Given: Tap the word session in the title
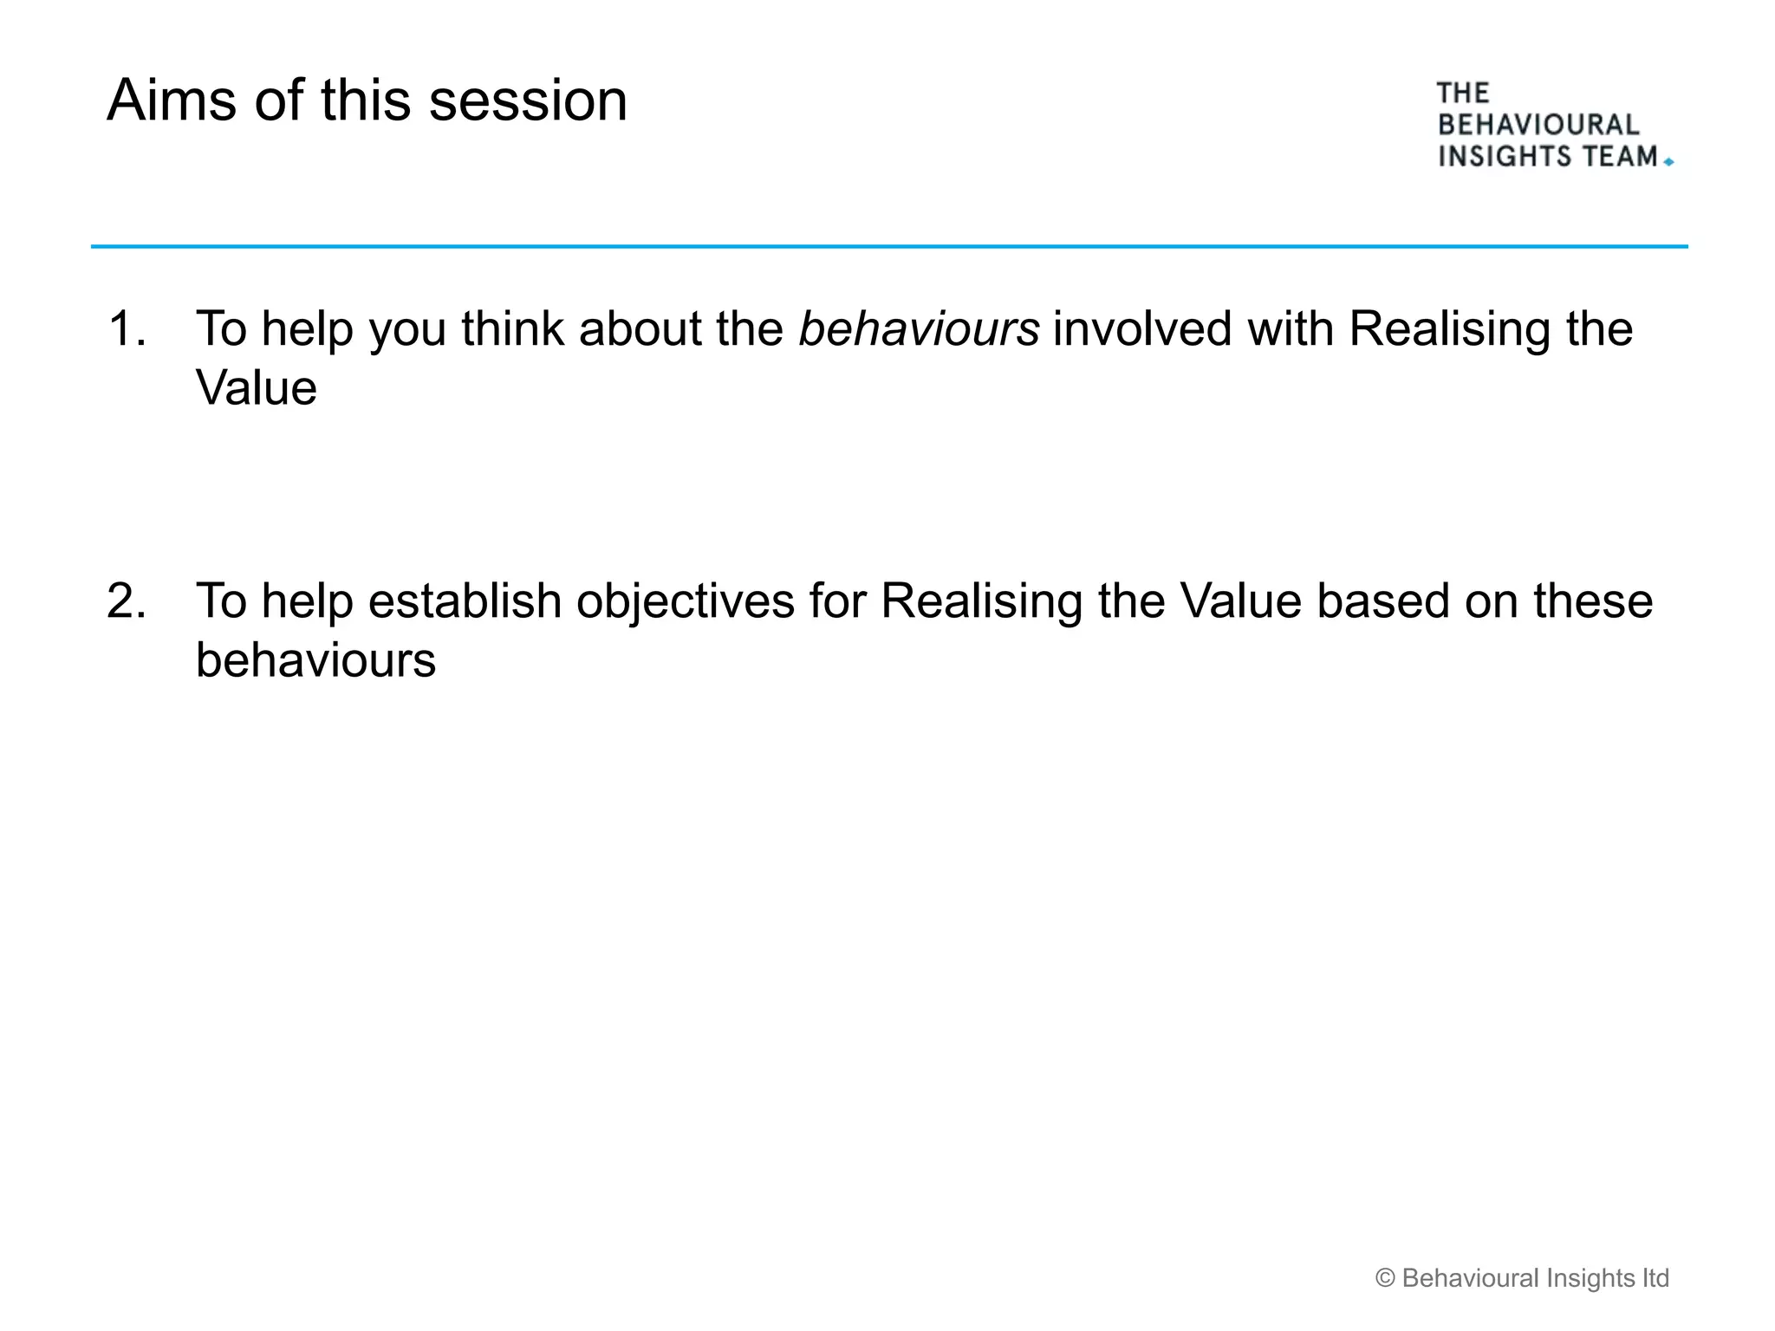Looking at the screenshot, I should click(528, 101).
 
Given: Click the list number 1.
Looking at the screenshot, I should click(125, 329).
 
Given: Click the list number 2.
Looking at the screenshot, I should click(126, 601).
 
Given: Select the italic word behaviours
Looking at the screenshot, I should click(918, 329).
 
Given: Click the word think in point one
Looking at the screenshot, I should click(512, 329).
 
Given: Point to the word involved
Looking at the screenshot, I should click(1142, 329).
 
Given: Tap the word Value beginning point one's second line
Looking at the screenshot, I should click(257, 388).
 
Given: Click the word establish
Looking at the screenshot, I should click(465, 601).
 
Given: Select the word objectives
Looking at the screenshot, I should click(685, 601).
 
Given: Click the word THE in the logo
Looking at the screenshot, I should click(1462, 93).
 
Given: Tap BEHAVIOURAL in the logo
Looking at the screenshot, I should click(1538, 125).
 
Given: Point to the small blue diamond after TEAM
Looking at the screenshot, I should click(1668, 162).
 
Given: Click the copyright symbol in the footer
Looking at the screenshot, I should click(1385, 1278).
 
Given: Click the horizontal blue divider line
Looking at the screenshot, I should click(889, 247).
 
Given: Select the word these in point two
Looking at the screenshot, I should click(1593, 601).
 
